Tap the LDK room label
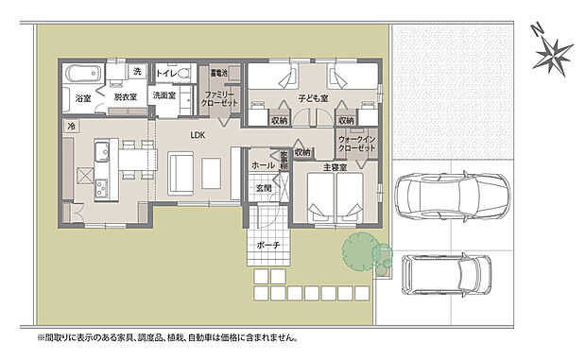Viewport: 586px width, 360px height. click(x=198, y=135)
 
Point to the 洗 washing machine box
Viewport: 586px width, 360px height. click(x=136, y=72)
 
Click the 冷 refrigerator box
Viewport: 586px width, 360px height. click(x=71, y=125)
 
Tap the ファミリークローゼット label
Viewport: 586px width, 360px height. click(x=220, y=98)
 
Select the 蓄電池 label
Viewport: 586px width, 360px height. click(x=220, y=73)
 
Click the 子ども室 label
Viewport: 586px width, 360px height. click(x=313, y=98)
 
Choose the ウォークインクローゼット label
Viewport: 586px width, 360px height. click(x=357, y=145)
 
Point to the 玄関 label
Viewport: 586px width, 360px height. click(x=263, y=188)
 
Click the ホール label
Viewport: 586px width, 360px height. click(x=263, y=165)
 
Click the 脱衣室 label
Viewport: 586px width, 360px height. click(x=126, y=96)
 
